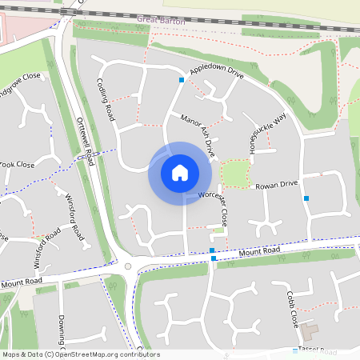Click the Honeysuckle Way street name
click(266, 133)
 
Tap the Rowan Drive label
click(276, 184)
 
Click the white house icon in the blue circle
click(180, 173)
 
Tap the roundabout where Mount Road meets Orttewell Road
click(127, 267)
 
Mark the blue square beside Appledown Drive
click(182, 80)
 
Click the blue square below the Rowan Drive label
click(306, 198)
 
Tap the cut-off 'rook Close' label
click(17, 164)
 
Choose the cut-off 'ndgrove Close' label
click(19, 78)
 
